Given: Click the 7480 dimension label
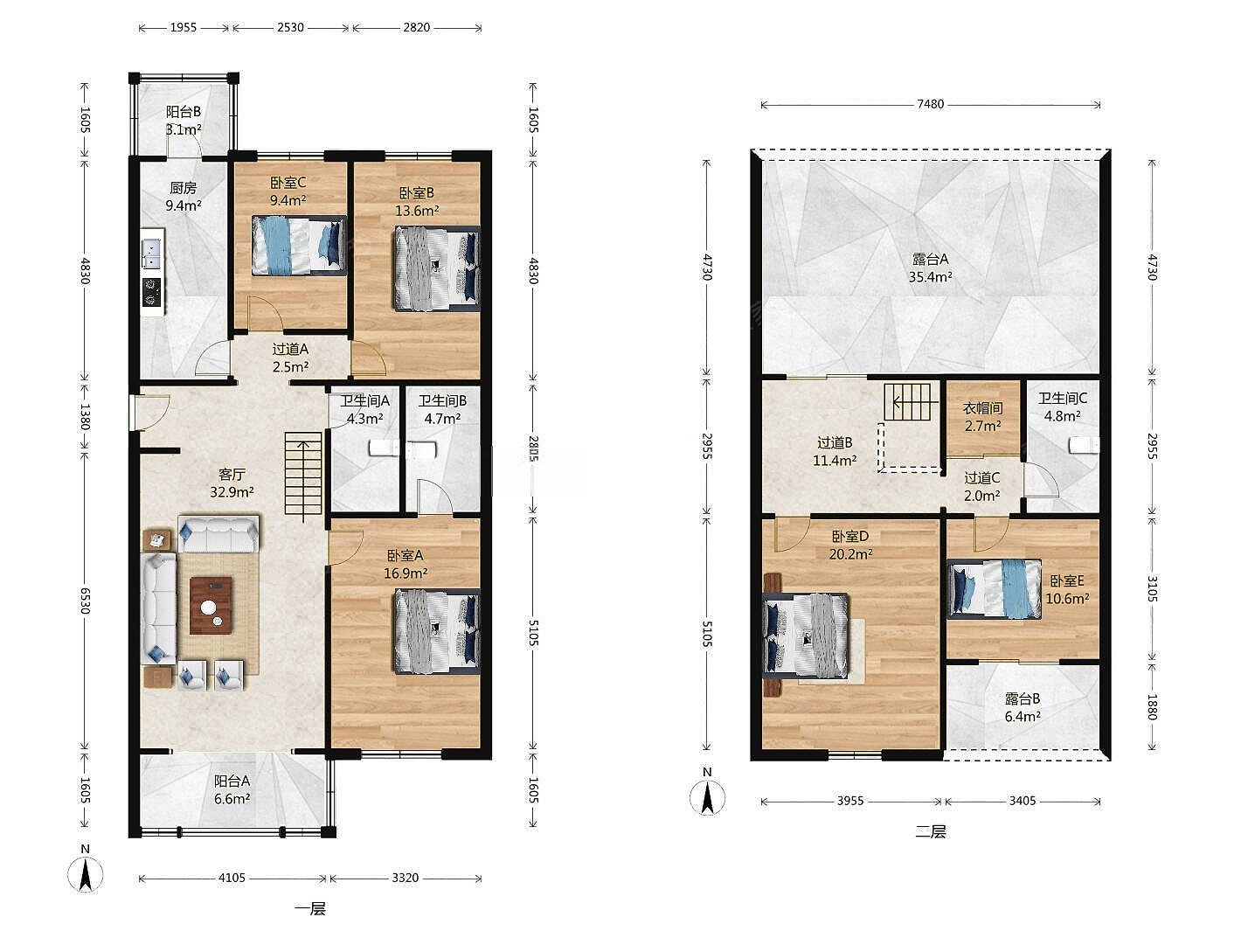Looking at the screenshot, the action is click(931, 104).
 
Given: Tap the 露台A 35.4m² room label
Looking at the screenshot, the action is click(930, 268).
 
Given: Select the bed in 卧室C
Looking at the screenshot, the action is click(299, 246).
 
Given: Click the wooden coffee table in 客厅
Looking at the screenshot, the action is click(211, 606).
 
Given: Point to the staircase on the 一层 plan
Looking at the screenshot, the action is click(303, 476).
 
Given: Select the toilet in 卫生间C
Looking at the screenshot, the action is click(1084, 446).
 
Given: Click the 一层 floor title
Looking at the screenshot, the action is click(310, 909).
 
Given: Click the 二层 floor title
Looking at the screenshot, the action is click(930, 831).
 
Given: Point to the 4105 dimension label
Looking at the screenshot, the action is click(232, 878).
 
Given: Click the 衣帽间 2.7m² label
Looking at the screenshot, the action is click(982, 417).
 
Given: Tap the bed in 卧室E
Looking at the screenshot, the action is click(995, 588).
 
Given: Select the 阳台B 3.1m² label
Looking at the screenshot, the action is click(184, 121).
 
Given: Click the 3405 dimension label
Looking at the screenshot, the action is click(1023, 801).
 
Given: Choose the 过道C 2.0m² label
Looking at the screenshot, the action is click(982, 487).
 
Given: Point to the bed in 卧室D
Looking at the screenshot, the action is click(806, 635).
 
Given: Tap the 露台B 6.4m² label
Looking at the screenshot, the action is click(1023, 708).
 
